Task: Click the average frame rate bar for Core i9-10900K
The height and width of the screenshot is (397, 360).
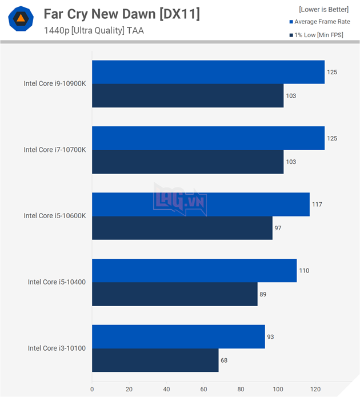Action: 208,72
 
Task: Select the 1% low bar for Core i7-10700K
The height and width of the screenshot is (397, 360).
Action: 187,162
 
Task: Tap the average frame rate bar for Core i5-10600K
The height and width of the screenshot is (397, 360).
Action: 201,204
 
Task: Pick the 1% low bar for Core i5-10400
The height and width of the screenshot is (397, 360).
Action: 174,294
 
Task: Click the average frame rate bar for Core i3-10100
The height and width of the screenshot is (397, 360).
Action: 178,336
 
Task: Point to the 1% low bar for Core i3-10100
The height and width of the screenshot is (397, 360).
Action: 155,360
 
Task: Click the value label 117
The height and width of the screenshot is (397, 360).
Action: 317,204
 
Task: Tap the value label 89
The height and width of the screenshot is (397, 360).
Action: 263,294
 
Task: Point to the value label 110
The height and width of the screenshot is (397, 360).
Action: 304,270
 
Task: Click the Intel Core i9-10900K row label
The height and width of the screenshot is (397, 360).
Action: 54,83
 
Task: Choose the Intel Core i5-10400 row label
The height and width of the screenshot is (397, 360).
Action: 57,282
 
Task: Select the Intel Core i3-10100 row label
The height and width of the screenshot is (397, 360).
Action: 57,348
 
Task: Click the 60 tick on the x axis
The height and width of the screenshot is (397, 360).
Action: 203,390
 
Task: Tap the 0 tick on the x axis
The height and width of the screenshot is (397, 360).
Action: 92,390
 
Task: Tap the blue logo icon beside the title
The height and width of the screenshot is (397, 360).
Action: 21,19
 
